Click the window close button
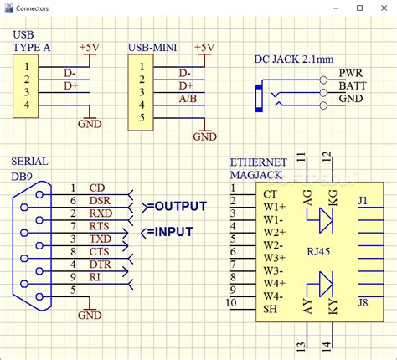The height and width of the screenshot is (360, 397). coord(382,8)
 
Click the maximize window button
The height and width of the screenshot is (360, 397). coord(358,8)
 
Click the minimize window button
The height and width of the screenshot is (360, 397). coord(335,8)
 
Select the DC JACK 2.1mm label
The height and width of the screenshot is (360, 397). coord(293,59)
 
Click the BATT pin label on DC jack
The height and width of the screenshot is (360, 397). coord(351,86)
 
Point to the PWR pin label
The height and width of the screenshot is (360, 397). coord(350,74)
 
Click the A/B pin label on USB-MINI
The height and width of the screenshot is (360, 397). coord(187,98)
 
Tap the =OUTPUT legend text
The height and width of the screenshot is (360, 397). coord(175,207)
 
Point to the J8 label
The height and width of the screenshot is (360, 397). coord(363,301)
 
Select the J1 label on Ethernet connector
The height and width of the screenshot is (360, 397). coord(363,200)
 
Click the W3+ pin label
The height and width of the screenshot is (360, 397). coord(274,258)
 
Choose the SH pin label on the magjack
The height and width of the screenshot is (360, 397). coord(270,308)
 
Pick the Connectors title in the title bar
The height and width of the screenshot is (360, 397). coord(33,8)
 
